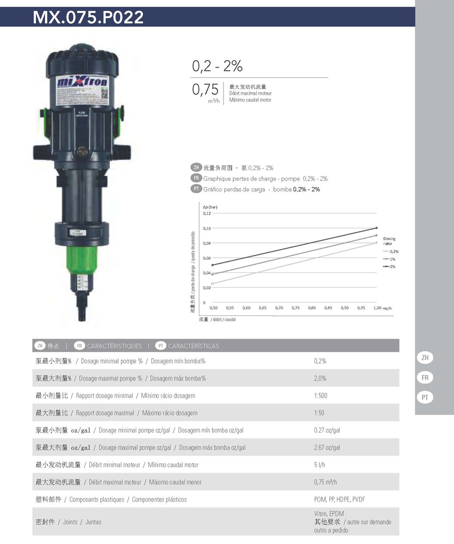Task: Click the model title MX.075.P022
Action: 88,17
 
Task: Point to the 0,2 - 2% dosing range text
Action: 217,66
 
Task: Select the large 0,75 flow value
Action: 205,89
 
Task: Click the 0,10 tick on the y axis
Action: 207,228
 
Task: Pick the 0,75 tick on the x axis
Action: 295,308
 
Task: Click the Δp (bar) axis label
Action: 210,207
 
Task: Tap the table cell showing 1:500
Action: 321,396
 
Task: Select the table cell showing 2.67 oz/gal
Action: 327,447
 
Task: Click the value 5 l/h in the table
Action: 320,465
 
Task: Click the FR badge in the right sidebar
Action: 425,378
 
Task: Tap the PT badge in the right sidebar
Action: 425,397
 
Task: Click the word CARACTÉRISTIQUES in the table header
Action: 114,346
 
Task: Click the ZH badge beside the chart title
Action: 195,168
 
